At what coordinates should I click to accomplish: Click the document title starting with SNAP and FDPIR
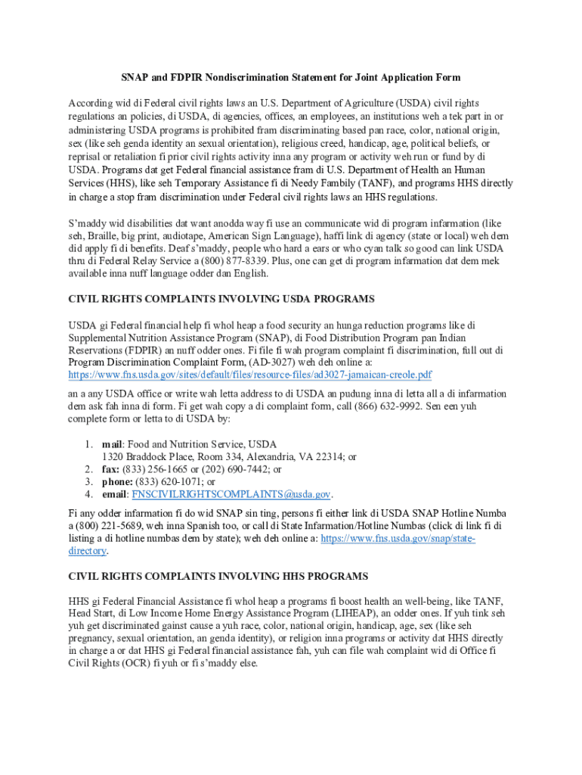pos(290,77)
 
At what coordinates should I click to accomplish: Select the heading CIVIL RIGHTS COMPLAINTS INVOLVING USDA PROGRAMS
pos(221,299)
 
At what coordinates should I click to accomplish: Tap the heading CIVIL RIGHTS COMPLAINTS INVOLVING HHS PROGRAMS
pos(218,576)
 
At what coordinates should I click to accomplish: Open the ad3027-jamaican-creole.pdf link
pos(250,375)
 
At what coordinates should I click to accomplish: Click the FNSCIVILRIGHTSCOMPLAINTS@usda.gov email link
pos(231,494)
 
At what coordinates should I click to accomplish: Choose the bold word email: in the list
pos(116,494)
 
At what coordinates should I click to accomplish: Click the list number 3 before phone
pos(88,481)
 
